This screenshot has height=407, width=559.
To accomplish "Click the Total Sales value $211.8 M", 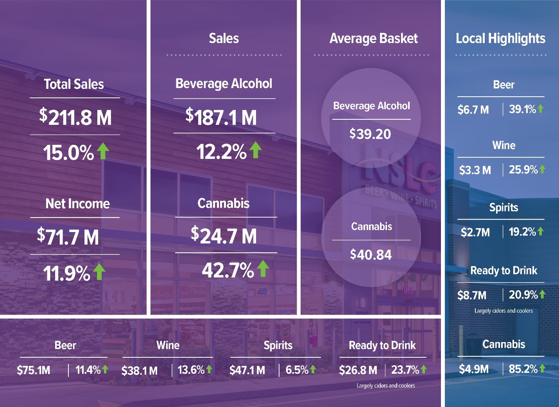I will pyautogui.click(x=75, y=117).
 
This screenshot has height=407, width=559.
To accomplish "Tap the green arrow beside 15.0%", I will pyautogui.click(x=103, y=151).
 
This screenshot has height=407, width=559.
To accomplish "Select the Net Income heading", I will pyautogui.click(x=77, y=203).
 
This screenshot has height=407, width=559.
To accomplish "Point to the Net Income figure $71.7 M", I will pyautogui.click(x=68, y=237).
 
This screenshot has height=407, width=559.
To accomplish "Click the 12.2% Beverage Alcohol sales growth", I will pyautogui.click(x=221, y=151).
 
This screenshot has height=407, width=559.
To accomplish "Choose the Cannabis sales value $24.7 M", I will pyautogui.click(x=224, y=236).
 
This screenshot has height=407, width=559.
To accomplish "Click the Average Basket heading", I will pyautogui.click(x=373, y=38).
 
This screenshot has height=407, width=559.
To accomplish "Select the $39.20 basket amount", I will pyautogui.click(x=370, y=134).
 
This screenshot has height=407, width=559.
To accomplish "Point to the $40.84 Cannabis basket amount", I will pyautogui.click(x=371, y=255).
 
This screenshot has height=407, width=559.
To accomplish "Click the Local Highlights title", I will pyautogui.click(x=500, y=38).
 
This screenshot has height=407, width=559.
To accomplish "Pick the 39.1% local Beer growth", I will pyautogui.click(x=522, y=109).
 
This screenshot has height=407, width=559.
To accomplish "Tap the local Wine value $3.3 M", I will pyautogui.click(x=475, y=170).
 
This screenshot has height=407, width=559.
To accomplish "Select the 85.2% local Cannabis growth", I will pyautogui.click(x=523, y=369).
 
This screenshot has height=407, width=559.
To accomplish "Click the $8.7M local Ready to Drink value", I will pyautogui.click(x=472, y=295).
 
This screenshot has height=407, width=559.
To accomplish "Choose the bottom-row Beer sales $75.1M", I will pyautogui.click(x=34, y=370).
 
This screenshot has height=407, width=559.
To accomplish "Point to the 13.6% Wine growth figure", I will pyautogui.click(x=191, y=370).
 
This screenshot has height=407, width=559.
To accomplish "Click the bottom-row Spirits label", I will pyautogui.click(x=278, y=345).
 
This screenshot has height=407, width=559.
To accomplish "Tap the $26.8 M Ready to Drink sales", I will pyautogui.click(x=358, y=370).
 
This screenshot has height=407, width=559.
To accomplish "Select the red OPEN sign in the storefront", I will pyautogui.click(x=408, y=291).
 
